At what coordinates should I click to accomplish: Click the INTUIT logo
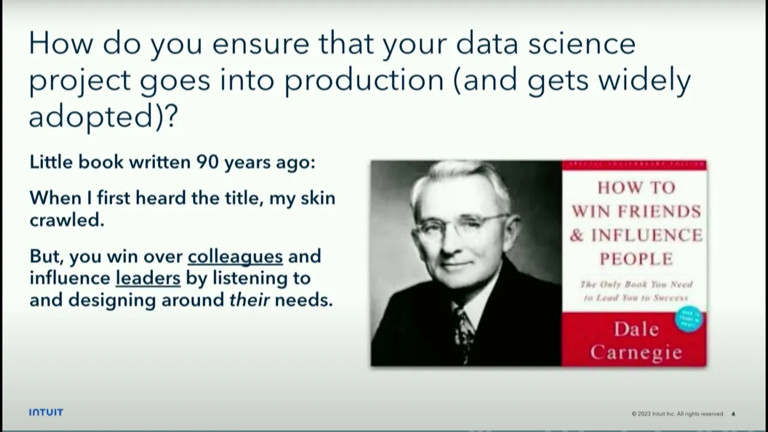pos(46,412)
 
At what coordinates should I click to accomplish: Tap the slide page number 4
pos(733,414)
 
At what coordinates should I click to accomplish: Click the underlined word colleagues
pos(235,256)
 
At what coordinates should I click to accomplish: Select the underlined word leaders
pos(148,278)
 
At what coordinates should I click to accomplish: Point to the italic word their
pos(249,299)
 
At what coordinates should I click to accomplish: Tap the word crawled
pos(67,220)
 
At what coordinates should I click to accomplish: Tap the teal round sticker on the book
pos(688,319)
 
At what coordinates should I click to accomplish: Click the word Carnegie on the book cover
pos(635,352)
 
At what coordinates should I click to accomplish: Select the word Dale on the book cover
pos(636,329)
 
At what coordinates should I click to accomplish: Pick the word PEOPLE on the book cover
pos(636,259)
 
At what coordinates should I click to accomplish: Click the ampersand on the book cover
pos(577,235)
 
